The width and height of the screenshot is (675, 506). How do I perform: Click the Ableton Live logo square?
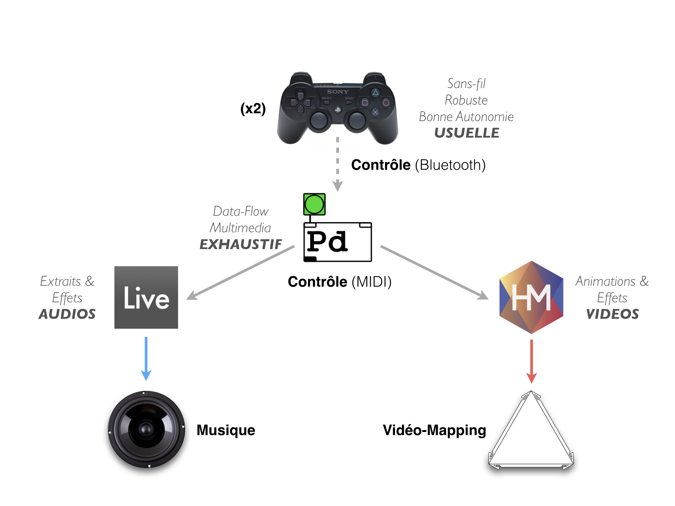pos(146,297)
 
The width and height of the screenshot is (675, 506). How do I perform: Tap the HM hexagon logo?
pos(531,297)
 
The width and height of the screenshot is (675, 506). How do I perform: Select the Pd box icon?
pos(337,242)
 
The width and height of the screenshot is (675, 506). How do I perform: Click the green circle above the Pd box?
pos(314,204)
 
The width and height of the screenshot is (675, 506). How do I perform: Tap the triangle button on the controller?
pos(375,92)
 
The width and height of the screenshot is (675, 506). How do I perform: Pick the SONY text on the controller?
pos(337,92)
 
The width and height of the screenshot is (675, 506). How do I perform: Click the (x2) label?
pos(253,108)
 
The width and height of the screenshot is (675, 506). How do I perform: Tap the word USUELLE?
pos(467,133)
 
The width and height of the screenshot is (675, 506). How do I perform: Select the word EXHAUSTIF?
pos(241,244)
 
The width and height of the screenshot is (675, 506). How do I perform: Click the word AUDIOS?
pos(67,314)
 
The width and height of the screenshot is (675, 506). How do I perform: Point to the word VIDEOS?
pos(612,314)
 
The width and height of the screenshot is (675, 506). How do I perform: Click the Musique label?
pos(226,430)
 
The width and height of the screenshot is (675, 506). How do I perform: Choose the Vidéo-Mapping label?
pos(434,430)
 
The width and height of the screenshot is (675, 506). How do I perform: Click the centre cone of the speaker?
pos(146,429)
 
